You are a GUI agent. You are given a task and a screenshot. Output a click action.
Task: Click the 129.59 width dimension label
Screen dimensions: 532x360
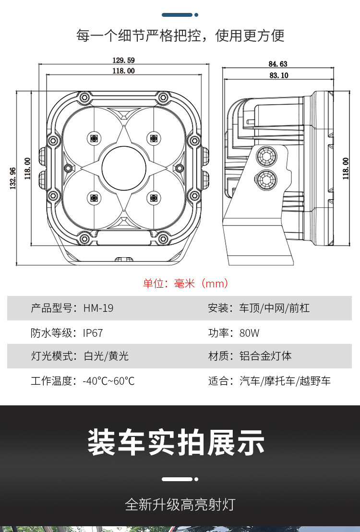[123, 60]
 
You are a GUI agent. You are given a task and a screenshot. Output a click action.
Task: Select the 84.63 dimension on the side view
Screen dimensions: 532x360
[278, 64]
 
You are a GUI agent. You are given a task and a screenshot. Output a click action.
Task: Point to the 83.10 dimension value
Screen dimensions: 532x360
[278, 75]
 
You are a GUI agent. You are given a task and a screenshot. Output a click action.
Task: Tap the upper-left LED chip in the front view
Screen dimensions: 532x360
[93, 139]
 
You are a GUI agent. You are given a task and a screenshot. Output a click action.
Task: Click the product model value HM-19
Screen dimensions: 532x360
[98, 308]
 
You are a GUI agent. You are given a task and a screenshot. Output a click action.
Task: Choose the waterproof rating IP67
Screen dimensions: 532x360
[93, 332]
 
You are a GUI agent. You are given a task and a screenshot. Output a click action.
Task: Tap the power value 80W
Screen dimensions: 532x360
[250, 332]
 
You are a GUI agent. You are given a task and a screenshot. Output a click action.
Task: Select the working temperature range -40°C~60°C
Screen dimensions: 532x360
[108, 381]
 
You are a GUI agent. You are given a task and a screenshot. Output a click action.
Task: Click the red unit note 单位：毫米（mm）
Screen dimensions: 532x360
[185, 283]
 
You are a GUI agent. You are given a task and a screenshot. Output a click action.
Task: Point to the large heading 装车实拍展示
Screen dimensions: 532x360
[176, 442]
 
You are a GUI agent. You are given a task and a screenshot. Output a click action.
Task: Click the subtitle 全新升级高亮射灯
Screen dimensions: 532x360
[180, 504]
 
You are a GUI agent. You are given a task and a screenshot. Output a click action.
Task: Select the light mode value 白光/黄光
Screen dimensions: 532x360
[106, 356]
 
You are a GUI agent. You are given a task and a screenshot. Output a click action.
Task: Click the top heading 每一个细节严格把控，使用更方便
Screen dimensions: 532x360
[180, 35]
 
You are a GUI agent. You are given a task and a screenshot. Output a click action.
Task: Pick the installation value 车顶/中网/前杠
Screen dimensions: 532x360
[275, 308]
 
